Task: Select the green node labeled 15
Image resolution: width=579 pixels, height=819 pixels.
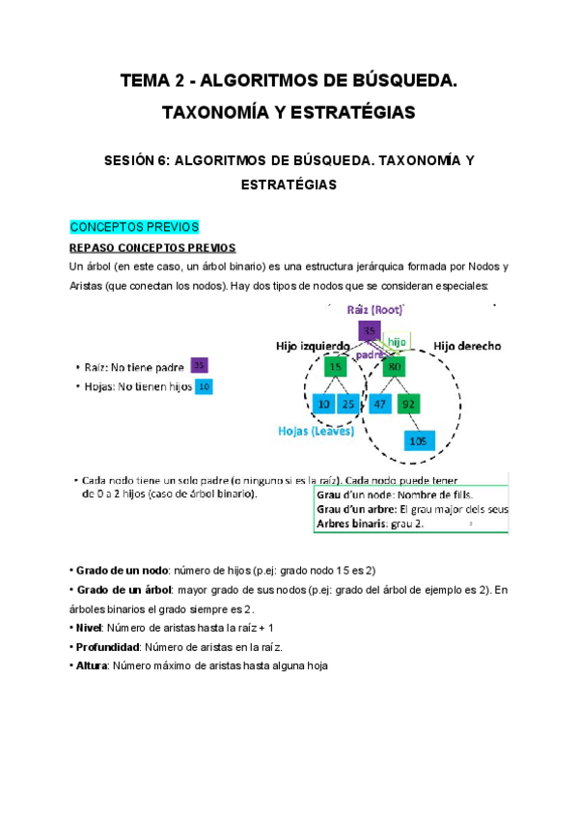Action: [335, 367]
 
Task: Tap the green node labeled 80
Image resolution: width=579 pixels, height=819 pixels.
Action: [394, 367]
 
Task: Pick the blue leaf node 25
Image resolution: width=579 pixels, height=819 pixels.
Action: [349, 403]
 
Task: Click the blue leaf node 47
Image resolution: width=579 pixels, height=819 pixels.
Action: [380, 403]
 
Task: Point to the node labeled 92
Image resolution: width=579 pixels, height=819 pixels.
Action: [408, 403]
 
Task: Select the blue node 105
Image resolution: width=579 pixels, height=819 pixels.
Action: [417, 440]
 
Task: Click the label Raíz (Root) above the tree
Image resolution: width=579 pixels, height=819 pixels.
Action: [374, 309]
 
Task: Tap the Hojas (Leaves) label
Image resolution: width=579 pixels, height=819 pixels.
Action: [316, 432]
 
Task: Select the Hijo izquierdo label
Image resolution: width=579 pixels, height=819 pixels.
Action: [312, 345]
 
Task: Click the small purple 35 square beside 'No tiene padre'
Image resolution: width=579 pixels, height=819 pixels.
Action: [199, 366]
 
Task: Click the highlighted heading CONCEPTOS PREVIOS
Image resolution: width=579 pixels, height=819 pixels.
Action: [134, 228]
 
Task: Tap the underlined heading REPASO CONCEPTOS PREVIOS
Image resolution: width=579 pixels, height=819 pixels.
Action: [147, 247]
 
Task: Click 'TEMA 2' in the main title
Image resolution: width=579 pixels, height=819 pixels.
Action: [153, 83]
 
